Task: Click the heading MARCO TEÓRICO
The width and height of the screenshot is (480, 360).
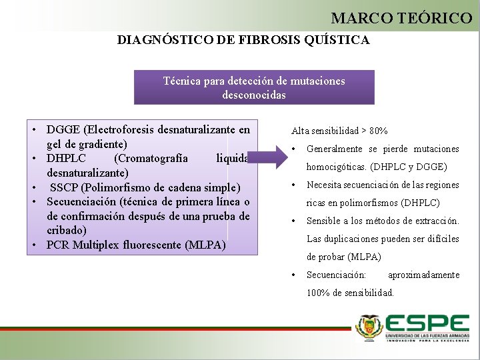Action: coord(401,18)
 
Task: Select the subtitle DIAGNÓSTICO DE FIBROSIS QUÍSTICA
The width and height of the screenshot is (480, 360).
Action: coord(243,40)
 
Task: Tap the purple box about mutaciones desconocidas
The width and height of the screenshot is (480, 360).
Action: coord(254,87)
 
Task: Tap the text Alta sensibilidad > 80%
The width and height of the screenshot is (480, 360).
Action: coord(339,131)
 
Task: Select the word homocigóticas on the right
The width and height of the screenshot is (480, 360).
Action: coord(336,167)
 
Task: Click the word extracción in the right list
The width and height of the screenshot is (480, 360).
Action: coord(434,221)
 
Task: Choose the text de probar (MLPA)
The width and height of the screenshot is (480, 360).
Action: coord(343,257)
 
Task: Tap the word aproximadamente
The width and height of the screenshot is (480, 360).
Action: coord(423,275)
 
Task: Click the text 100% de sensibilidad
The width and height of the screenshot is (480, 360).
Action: coord(350,293)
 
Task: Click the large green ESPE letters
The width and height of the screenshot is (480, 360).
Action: coord(427,325)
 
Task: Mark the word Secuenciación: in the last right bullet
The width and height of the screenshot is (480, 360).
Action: coord(336,275)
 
